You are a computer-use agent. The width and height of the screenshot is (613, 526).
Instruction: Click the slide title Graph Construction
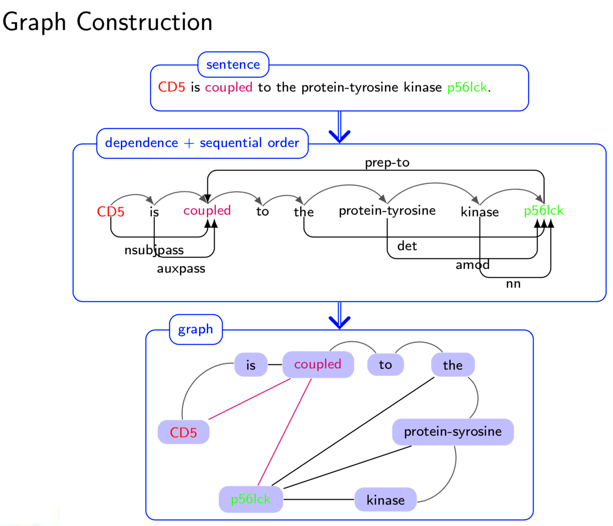(x=107, y=22)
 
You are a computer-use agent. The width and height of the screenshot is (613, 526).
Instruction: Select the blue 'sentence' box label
(x=233, y=64)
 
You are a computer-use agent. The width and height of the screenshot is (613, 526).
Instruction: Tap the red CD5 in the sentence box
(x=172, y=87)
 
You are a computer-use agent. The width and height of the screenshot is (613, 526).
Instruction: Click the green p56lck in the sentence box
(x=467, y=87)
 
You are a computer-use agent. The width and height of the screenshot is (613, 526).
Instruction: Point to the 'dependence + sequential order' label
(x=202, y=143)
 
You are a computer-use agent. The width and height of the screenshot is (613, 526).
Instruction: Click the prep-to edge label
(x=387, y=163)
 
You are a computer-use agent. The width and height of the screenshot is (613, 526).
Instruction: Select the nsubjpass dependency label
(x=154, y=250)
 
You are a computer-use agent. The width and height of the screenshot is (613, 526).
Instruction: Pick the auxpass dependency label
(x=181, y=269)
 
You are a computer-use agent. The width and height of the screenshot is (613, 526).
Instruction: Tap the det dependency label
(x=407, y=246)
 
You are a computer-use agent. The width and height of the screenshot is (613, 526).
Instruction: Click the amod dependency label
(x=472, y=265)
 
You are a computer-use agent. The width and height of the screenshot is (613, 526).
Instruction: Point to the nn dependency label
(x=513, y=284)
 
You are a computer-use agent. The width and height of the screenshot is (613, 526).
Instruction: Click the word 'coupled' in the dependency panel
(x=207, y=210)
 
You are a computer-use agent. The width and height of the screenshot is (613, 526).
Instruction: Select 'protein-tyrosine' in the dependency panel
(x=387, y=210)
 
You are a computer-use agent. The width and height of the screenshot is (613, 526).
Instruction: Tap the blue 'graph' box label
(x=196, y=329)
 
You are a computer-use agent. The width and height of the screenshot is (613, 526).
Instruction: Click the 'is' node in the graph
(x=251, y=365)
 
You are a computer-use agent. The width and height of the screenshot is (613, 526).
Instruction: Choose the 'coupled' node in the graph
(x=318, y=365)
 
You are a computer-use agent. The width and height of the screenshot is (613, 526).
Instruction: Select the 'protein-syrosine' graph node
(x=453, y=432)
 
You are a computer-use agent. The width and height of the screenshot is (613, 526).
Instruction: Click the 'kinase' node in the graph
(x=386, y=500)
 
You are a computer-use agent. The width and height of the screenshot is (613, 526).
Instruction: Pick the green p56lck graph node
(x=251, y=499)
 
